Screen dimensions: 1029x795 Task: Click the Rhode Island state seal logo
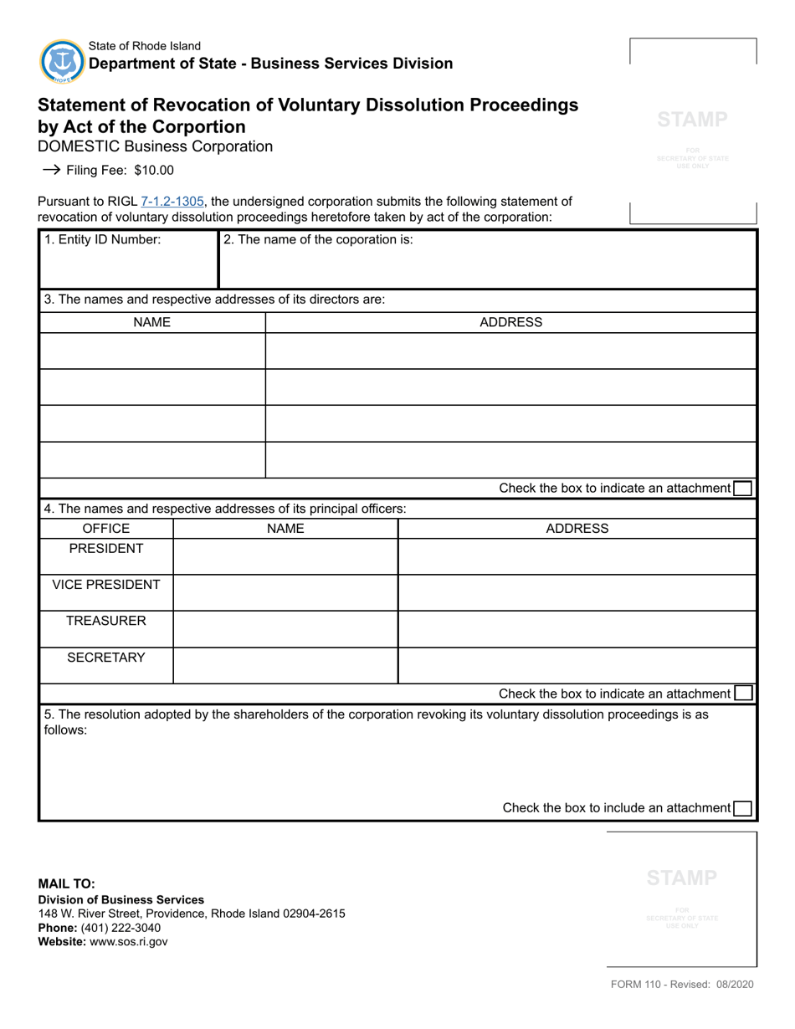62,61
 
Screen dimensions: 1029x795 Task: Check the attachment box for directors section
741,489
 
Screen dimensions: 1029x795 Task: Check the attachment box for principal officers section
742,694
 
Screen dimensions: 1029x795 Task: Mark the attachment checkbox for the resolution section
742,808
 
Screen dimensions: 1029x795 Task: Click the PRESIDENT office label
106,549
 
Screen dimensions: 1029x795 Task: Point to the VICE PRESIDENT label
106,585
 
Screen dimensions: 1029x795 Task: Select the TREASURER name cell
285,629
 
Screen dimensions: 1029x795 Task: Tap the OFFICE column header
106,529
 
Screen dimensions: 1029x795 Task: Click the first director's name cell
152,351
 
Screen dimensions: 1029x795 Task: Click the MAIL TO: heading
66,883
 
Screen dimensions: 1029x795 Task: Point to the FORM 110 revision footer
682,985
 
